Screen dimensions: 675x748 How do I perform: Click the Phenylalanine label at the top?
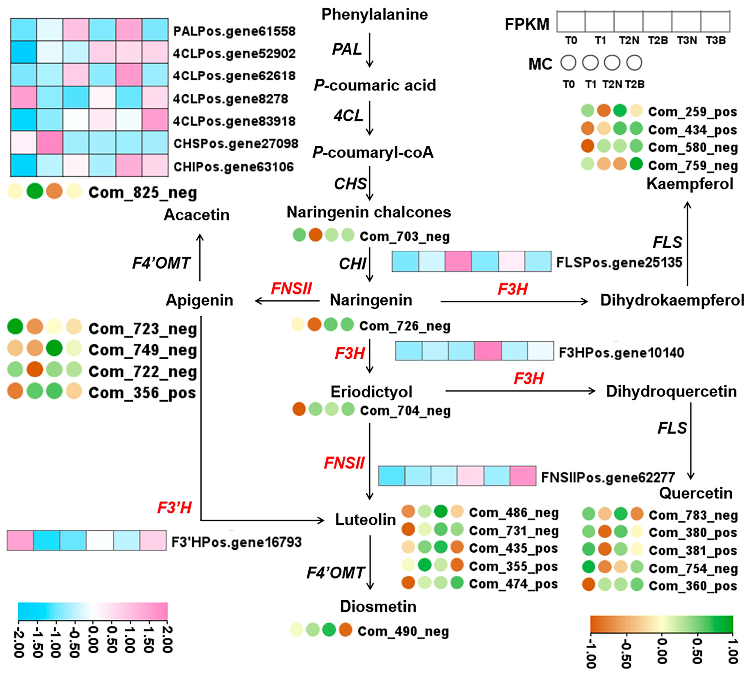(374, 15)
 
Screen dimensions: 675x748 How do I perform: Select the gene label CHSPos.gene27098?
(235, 144)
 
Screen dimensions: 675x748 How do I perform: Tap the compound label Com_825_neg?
(142, 193)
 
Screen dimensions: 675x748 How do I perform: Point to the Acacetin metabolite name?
(197, 215)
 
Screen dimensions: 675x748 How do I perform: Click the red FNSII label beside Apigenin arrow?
(291, 288)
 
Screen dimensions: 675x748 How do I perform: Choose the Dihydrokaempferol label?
(672, 300)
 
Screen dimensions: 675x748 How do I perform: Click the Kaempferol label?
(690, 184)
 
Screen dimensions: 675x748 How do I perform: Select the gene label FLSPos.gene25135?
(619, 263)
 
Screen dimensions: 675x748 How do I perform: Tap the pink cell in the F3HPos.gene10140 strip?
(488, 351)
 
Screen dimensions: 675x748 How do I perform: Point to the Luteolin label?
(365, 520)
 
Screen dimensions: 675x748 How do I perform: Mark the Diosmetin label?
(378, 607)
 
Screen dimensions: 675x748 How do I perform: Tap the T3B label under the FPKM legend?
(716, 40)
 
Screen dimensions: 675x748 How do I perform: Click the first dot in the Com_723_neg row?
(15, 326)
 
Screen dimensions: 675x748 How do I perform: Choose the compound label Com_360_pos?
(693, 586)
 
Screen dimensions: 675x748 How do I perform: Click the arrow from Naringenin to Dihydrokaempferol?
(514, 301)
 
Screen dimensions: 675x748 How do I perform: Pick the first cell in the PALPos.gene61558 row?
(23, 29)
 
